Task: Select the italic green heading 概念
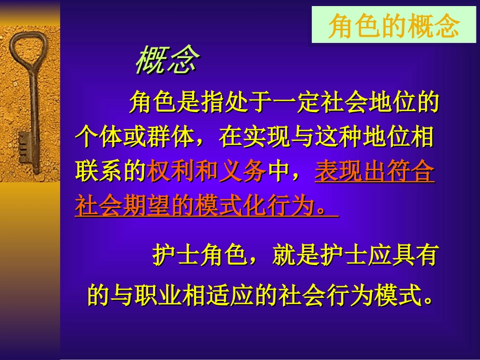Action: coord(167,61)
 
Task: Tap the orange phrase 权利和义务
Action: coord(206,173)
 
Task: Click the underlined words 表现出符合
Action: coord(374,173)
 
